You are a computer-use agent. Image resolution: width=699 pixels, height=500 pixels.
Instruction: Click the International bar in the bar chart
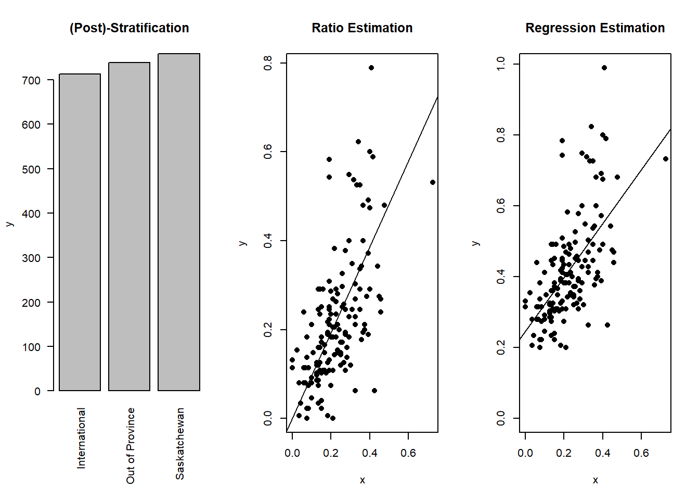[80, 232]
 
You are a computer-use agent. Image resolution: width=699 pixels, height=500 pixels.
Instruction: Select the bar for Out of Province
[129, 227]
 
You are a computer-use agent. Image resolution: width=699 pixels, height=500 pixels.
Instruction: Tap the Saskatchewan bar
[178, 222]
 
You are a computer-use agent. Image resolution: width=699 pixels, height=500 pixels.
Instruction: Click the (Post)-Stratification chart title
[129, 28]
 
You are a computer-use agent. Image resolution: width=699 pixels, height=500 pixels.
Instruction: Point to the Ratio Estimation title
[362, 28]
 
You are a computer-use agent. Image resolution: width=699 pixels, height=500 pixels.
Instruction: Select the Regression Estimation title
[595, 28]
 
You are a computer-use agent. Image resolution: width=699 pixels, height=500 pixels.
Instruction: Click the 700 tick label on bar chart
[31, 80]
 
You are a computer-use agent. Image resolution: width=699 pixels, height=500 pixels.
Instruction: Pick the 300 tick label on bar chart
[31, 258]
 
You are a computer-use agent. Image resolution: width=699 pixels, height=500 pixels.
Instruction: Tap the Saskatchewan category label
[179, 443]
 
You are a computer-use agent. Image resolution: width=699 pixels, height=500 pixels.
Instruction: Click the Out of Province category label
[130, 445]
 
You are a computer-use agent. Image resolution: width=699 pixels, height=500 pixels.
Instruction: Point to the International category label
[81, 438]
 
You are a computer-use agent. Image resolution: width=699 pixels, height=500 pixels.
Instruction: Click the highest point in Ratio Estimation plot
[371, 68]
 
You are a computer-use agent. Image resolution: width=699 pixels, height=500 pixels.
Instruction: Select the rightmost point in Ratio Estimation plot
[433, 182]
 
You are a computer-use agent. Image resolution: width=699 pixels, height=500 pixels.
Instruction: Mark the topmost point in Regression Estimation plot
[604, 68]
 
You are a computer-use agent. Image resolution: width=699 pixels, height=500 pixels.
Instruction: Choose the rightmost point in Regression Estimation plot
[666, 159]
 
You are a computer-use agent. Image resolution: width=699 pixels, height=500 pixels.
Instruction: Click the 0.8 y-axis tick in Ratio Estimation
[268, 63]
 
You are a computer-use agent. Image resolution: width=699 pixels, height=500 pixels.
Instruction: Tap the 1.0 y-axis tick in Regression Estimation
[501, 64]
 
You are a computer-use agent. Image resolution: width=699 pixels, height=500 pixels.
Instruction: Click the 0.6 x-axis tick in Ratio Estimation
[408, 453]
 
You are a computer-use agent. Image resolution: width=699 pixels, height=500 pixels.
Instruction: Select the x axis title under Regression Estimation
[595, 480]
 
